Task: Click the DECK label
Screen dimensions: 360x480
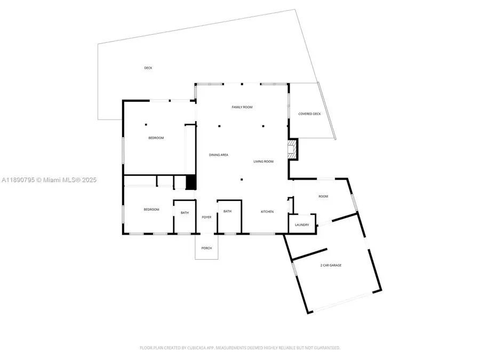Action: point(148,68)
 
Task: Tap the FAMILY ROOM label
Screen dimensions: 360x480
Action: point(242,107)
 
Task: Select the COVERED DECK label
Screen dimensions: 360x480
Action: point(309,114)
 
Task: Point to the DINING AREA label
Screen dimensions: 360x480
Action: point(219,155)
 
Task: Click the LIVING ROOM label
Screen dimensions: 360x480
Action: point(263,162)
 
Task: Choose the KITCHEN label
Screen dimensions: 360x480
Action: point(267,212)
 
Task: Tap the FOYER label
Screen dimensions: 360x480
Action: point(206,218)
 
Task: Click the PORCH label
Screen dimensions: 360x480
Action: point(206,249)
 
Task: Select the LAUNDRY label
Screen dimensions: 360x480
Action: point(302,225)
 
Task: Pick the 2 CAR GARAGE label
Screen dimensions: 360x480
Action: point(331,265)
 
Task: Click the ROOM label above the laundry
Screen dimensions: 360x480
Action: point(323,196)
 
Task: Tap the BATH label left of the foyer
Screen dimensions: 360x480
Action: point(185,213)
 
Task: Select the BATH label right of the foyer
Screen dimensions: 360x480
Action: point(228,212)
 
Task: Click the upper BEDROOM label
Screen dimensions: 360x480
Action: point(156,138)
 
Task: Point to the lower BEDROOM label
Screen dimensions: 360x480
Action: point(151,210)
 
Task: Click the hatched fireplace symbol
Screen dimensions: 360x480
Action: point(292,149)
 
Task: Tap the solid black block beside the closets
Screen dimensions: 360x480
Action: point(191,182)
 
